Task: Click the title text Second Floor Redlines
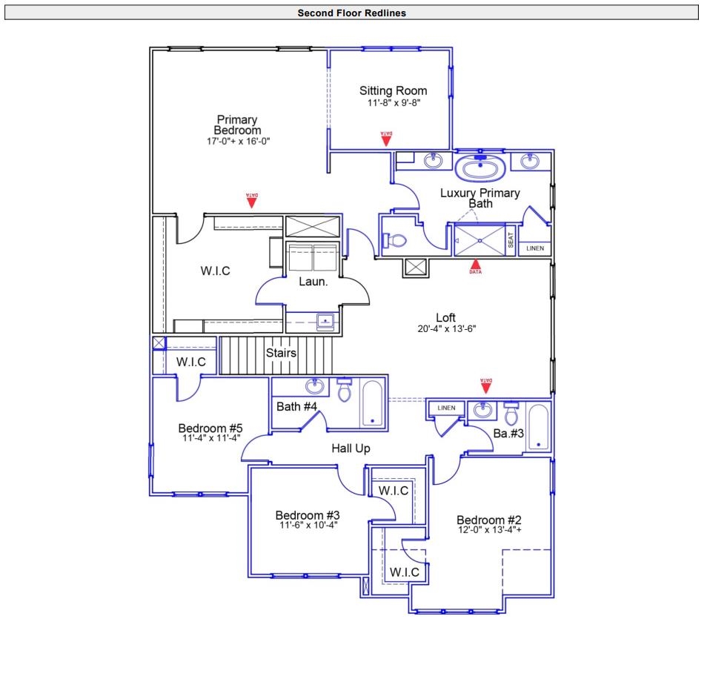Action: click(x=351, y=13)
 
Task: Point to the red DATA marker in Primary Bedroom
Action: click(x=252, y=199)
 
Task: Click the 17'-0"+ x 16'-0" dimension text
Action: click(x=237, y=141)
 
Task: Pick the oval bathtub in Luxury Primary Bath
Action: click(x=480, y=168)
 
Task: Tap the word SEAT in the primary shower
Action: click(x=511, y=240)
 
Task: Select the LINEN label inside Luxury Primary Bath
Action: click(x=534, y=248)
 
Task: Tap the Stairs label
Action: click(x=281, y=353)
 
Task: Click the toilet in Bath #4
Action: click(x=344, y=390)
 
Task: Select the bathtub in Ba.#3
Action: click(x=539, y=427)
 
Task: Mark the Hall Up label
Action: click(x=351, y=448)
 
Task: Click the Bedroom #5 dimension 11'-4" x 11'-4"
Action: click(x=210, y=438)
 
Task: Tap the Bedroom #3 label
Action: click(x=308, y=515)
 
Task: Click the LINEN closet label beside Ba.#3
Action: click(x=446, y=408)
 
